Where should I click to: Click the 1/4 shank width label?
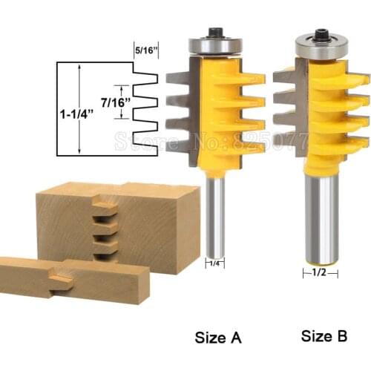click(213, 262)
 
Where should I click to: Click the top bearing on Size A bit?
click(213, 44)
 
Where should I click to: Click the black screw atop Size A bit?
click(214, 32)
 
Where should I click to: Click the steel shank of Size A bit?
click(214, 215)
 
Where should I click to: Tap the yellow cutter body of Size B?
click(326, 111)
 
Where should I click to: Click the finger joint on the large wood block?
click(104, 227)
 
